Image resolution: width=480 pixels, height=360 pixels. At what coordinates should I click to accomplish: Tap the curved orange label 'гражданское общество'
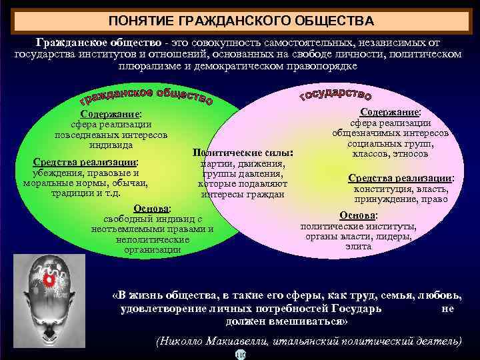tap(147, 96)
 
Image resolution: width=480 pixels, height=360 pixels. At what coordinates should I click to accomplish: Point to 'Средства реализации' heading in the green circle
tap(85, 162)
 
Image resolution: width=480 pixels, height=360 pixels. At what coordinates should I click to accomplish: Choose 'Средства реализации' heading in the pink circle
tap(401, 178)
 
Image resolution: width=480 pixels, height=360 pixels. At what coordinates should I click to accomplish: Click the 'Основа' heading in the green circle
tap(152, 208)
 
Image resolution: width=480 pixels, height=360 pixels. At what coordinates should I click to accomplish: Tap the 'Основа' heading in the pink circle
tap(359, 215)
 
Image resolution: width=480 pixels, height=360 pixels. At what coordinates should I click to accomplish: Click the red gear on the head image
tap(49, 281)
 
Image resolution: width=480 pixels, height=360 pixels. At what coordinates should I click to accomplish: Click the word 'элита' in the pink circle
tap(359, 247)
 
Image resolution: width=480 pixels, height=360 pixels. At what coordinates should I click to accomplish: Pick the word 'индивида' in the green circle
tap(111, 145)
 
